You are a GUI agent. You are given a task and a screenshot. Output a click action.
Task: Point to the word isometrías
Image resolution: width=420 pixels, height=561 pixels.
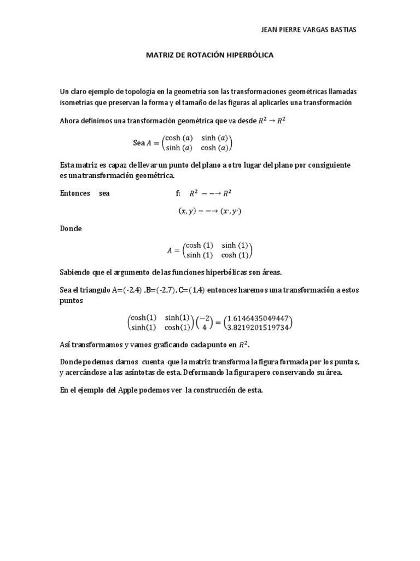(75, 102)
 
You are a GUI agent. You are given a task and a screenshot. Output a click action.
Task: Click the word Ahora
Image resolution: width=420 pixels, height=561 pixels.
(70, 121)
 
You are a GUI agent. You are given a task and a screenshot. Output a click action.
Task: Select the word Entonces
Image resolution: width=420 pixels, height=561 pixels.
(75, 193)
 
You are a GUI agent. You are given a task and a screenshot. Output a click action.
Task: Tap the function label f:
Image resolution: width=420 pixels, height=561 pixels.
(178, 193)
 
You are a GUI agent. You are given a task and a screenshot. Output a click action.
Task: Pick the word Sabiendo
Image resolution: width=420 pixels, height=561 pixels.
(76, 272)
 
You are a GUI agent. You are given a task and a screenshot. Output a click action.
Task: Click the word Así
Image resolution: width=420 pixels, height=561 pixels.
(65, 345)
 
